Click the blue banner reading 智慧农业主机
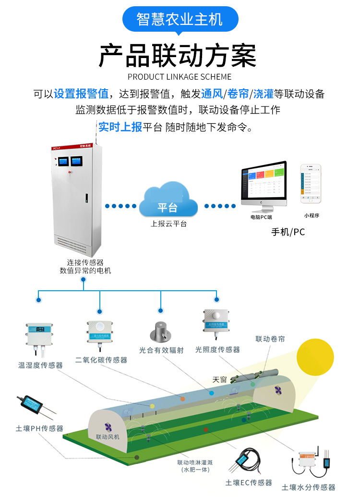(x=180, y=19)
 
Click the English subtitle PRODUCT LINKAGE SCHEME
(x=180, y=77)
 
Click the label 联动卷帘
(x=270, y=339)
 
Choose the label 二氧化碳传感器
(x=101, y=359)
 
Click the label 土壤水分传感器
(x=309, y=487)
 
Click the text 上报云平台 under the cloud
(x=168, y=224)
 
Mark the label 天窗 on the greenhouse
(x=219, y=379)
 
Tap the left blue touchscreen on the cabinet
(x=62, y=161)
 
